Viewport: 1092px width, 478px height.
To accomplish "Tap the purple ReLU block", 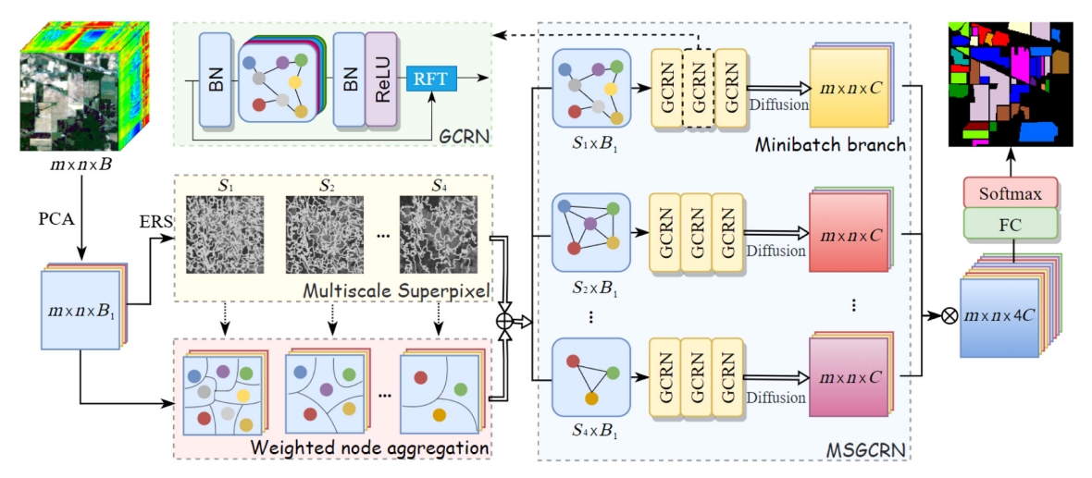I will (380, 80).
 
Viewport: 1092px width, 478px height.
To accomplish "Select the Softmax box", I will (1011, 193).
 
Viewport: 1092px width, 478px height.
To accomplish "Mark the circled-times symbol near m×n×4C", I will (948, 314).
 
